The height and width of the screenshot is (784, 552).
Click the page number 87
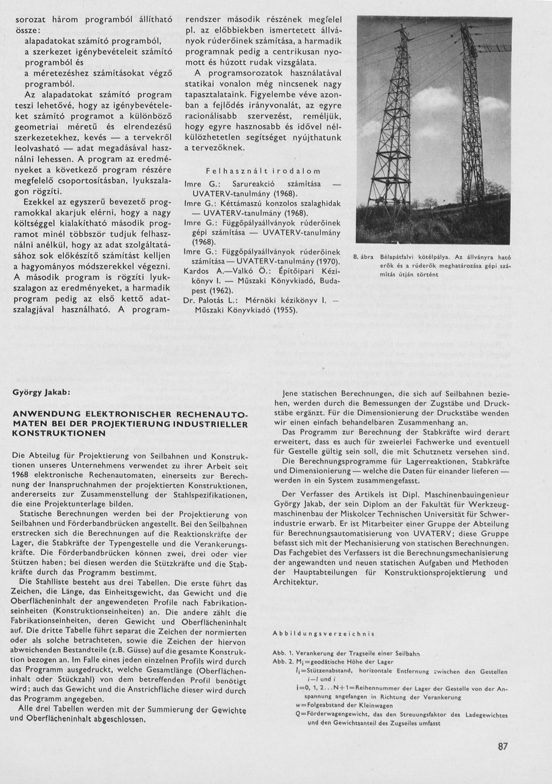pyautogui.click(x=502, y=747)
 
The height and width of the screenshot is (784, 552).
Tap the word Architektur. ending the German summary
pyautogui.click(x=296, y=582)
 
